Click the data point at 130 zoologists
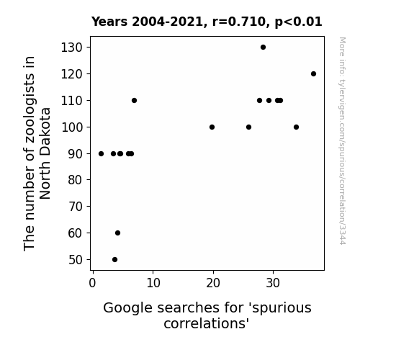[x=263, y=48]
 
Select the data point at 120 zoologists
[x=313, y=74]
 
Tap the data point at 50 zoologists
[x=115, y=260]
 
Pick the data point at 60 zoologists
[x=118, y=233]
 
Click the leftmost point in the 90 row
[x=101, y=153]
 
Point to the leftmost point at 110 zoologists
[x=134, y=100]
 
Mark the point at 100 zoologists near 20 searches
[x=212, y=127]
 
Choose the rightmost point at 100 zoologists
[x=296, y=127]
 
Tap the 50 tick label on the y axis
[x=76, y=260]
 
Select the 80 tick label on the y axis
[x=76, y=180]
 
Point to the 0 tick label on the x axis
[x=92, y=283]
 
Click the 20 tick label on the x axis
[x=213, y=283]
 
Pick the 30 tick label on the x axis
[x=273, y=283]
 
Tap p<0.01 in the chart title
[x=299, y=22]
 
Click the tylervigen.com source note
[x=343, y=141]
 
